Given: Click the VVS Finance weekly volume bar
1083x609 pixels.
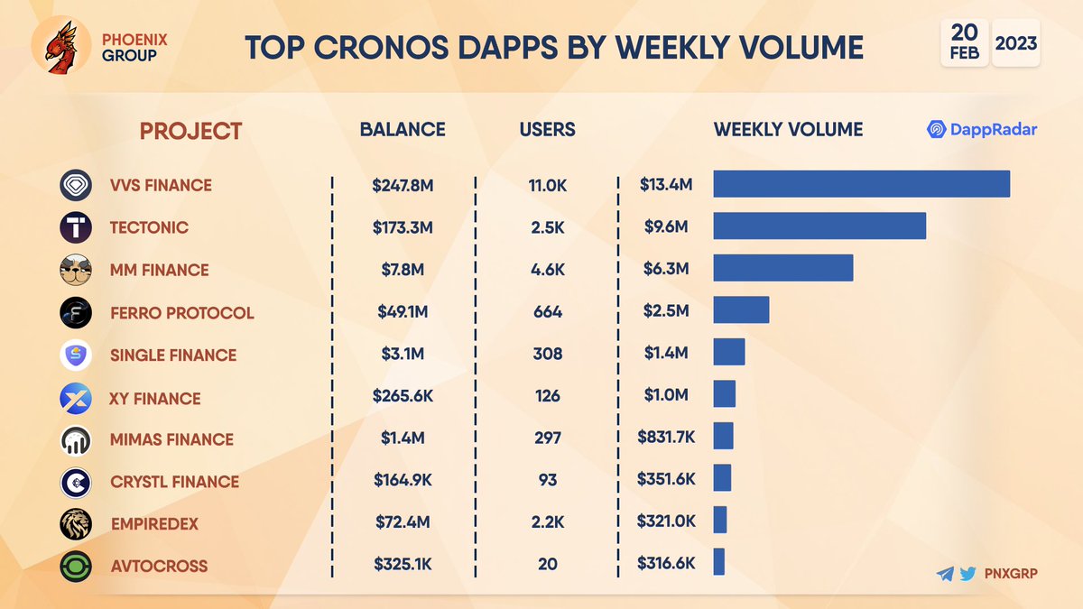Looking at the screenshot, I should tap(861, 183).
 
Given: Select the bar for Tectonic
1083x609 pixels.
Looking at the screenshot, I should tap(819, 226).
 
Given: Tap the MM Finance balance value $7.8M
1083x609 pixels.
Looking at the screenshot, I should tap(403, 270).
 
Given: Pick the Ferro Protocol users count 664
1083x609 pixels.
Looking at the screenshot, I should tap(547, 312).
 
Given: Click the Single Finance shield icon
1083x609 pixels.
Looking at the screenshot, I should tap(76, 355).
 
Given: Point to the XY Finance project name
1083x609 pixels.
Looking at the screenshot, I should tap(154, 398).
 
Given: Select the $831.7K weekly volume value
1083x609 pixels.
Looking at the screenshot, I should tap(667, 438).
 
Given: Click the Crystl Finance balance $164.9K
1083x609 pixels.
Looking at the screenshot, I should tap(403, 481).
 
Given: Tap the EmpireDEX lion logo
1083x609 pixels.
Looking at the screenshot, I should tap(76, 524).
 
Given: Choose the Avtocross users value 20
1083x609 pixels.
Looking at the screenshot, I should tap(547, 565).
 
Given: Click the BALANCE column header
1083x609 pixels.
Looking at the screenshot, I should tap(403, 129).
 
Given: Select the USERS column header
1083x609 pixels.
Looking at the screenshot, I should tap(547, 129).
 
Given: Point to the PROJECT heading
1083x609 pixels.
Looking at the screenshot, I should tap(190, 131).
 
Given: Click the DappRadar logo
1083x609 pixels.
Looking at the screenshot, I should tap(982, 130).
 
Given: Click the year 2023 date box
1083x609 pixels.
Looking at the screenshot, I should tap(1016, 42).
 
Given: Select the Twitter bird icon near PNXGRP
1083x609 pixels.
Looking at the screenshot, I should tap(967, 573).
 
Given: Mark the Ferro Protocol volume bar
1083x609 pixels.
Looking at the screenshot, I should tap(741, 310).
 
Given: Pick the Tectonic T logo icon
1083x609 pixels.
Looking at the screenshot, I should tap(76, 226).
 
